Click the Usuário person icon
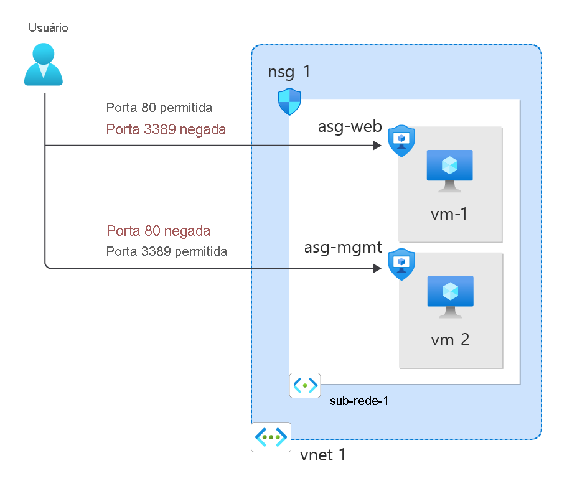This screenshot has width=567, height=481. pyautogui.click(x=44, y=64)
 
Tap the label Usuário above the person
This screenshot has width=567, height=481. pyautogui.click(x=48, y=28)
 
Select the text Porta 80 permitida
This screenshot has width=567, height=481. pyautogui.click(x=159, y=108)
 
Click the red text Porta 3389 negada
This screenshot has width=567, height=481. pyautogui.click(x=166, y=129)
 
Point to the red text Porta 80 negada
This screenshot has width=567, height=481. pyautogui.click(x=158, y=231)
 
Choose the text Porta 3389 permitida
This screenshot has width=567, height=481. pyautogui.click(x=167, y=251)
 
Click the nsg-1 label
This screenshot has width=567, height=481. pyautogui.click(x=289, y=72)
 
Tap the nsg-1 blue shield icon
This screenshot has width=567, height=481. pyautogui.click(x=289, y=102)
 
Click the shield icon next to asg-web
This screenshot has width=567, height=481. pyautogui.click(x=401, y=141)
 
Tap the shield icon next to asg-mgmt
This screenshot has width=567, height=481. pyautogui.click(x=401, y=266)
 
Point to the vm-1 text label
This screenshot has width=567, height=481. pyautogui.click(x=449, y=215)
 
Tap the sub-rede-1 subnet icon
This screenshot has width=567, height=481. pyautogui.click(x=305, y=385)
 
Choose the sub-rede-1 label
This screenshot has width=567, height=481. pyautogui.click(x=359, y=401)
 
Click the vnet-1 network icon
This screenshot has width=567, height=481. pyautogui.click(x=271, y=437)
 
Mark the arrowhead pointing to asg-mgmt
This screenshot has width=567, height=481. pyautogui.click(x=377, y=268)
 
